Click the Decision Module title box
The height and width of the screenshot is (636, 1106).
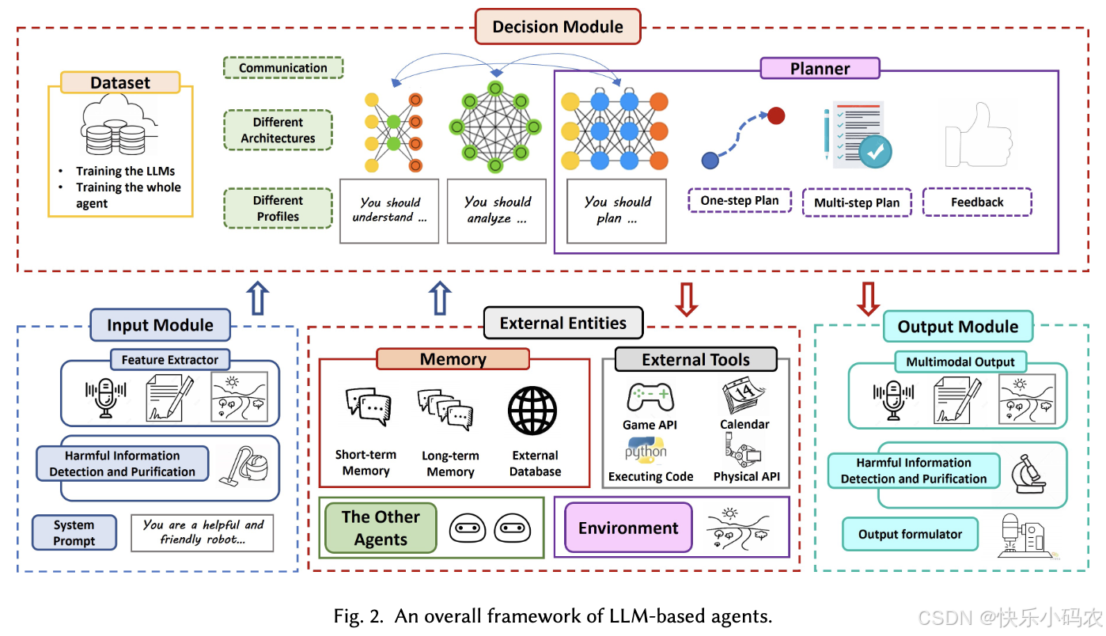(558, 27)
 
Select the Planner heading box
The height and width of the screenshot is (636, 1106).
(820, 69)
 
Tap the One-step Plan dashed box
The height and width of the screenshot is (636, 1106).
(740, 201)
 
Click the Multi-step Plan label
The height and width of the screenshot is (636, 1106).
(857, 203)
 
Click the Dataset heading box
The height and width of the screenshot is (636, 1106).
(120, 83)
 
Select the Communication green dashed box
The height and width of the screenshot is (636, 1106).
(283, 68)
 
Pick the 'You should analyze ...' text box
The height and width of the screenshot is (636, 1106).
(497, 210)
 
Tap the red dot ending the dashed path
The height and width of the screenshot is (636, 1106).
(775, 116)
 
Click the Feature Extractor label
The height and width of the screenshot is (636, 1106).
(170, 360)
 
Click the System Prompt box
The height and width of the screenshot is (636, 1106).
(74, 533)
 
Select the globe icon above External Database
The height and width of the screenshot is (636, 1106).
(532, 412)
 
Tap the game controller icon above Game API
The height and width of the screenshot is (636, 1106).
(650, 397)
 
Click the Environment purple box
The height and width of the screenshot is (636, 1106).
(628, 528)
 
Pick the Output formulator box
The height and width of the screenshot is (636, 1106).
(910, 535)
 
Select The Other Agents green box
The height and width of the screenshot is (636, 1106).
(381, 528)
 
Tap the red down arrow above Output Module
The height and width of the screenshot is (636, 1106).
(869, 298)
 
